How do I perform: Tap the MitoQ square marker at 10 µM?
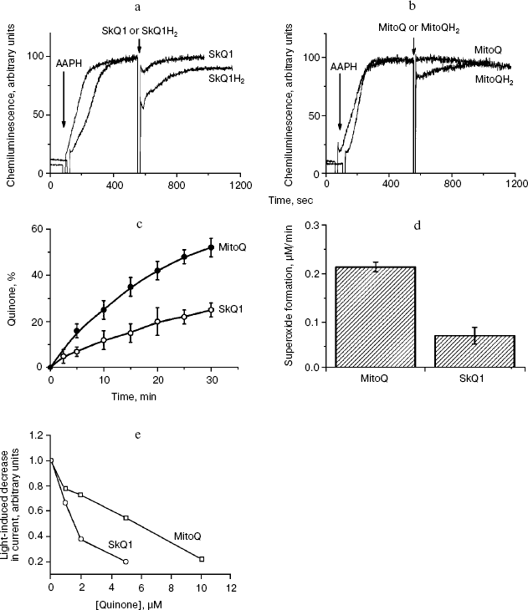click(x=202, y=559)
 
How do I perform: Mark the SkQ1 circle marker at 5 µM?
click(x=126, y=562)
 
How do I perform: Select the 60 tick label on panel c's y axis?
click(x=37, y=229)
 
